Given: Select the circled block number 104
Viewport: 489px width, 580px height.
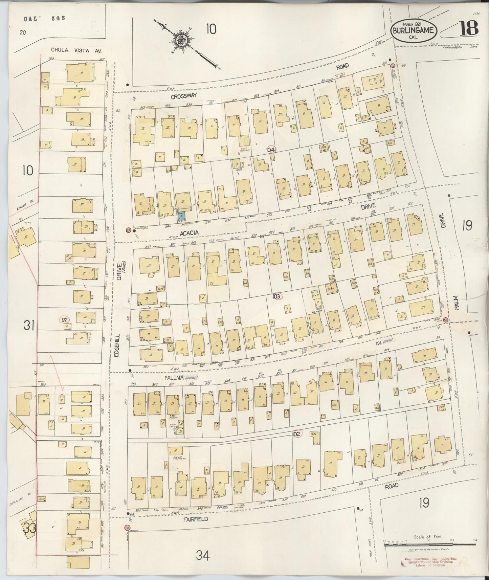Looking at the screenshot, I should click(270, 150).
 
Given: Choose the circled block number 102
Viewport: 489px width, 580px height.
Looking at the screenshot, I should click(296, 434).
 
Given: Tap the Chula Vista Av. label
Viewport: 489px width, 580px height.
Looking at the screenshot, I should click(76, 50).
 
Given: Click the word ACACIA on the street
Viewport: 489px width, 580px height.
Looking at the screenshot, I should click(189, 233).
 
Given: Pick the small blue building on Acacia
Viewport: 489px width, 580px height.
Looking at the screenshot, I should click(182, 216).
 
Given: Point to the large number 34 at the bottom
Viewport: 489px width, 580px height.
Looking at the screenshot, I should click(202, 555).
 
